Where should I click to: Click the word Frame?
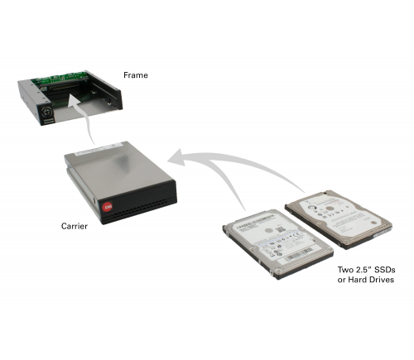pos(136,75)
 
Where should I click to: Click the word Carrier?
pos(75,226)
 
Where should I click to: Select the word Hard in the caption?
pos(357,280)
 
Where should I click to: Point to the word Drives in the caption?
pos(381,280)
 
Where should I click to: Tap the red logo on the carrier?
pos(107,207)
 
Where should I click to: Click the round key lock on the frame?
pos(46,113)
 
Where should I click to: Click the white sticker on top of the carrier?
pos(99,148)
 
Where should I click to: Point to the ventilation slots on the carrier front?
pos(142,209)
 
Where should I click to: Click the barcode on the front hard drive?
pos(300,255)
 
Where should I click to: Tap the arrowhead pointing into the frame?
pos(75,101)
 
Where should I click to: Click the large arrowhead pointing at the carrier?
pos(176,158)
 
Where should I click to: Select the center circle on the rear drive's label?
pos(329,209)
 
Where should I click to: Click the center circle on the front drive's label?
pos(268,230)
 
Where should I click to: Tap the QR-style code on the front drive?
pos(279,230)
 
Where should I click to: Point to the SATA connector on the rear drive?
pos(383,233)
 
